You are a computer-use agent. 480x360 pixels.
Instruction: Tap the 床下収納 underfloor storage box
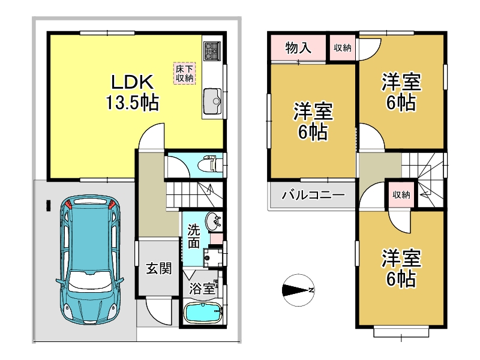tap(184, 73)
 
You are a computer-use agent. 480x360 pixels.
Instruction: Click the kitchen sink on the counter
tap(212, 100)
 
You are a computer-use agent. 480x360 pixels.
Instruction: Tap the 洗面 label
tap(193, 236)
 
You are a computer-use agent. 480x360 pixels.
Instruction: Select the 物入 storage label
tap(298, 48)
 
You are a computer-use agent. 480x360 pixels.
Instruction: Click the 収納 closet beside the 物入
tap(342, 48)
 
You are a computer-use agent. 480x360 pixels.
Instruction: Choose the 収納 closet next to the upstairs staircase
tap(401, 194)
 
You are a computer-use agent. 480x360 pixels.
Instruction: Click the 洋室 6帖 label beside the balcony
tap(313, 121)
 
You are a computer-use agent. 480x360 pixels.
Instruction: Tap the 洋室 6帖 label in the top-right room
tap(401, 92)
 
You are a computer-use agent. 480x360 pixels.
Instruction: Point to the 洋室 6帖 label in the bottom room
tap(401, 268)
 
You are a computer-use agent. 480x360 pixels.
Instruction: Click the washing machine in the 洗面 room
tap(213, 257)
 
